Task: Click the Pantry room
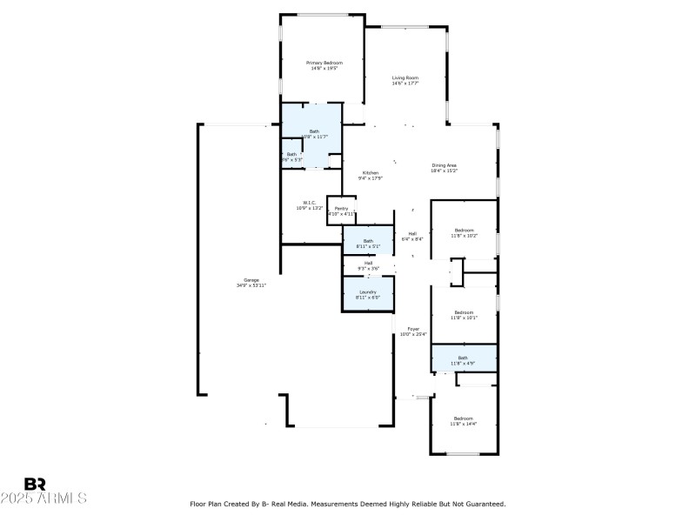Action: coord(341,211)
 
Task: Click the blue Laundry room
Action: coord(368,295)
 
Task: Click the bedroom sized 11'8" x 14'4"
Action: coord(463,420)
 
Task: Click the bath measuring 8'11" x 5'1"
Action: coord(368,243)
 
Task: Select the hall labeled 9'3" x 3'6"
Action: coord(368,264)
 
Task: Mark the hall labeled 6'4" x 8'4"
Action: coord(412,236)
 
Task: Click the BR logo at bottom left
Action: coord(35,484)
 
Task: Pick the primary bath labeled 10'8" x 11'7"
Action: coord(314,134)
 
